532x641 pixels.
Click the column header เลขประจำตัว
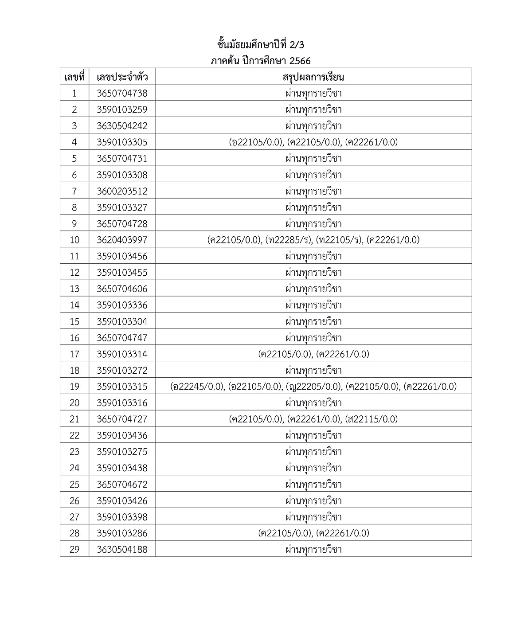pyautogui.click(x=122, y=77)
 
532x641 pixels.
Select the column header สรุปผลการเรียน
pyautogui.click(x=313, y=77)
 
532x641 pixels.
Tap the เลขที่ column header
pyautogui.click(x=74, y=77)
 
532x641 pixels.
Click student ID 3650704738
pyautogui.click(x=122, y=94)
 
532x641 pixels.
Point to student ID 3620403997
pyautogui.click(x=122, y=240)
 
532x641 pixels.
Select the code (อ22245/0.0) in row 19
pyautogui.click(x=198, y=387)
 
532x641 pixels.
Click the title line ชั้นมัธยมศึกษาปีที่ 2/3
pyautogui.click(x=261, y=45)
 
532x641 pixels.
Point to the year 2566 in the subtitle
pyautogui.click(x=300, y=61)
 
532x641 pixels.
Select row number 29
pyautogui.click(x=74, y=550)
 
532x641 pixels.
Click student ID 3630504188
pyautogui.click(x=122, y=550)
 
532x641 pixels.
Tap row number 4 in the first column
pyautogui.click(x=74, y=142)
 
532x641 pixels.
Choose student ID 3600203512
pyautogui.click(x=122, y=191)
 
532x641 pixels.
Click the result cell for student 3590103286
pyautogui.click(x=313, y=533)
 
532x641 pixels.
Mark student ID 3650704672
pyautogui.click(x=122, y=485)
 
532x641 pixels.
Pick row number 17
pyautogui.click(x=74, y=354)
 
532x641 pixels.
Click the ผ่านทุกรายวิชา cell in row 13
pyautogui.click(x=313, y=289)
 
